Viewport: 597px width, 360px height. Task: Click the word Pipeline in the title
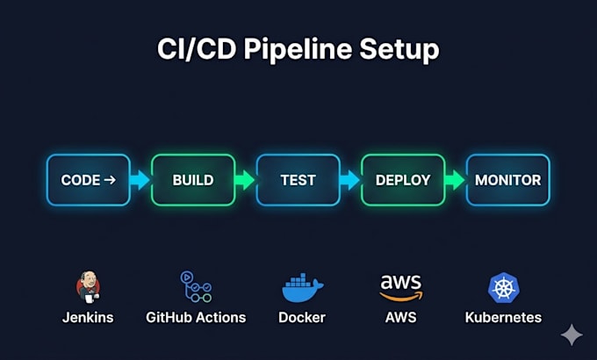(298, 50)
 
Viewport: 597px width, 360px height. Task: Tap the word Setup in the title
(399, 50)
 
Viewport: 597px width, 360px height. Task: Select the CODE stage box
(89, 180)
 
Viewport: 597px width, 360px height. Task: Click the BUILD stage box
(193, 180)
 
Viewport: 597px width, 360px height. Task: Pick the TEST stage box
(298, 180)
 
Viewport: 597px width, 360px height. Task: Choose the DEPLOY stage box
(403, 180)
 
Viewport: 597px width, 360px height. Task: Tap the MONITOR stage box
(508, 180)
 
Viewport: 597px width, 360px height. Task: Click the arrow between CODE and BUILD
(140, 180)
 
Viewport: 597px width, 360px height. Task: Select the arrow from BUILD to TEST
(245, 180)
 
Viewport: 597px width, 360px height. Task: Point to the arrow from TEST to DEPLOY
(350, 180)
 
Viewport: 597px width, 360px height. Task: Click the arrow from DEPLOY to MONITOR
(455, 180)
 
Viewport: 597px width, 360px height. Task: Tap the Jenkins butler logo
(88, 287)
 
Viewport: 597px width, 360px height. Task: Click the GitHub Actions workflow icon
(196, 287)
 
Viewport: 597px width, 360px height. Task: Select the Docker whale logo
(302, 288)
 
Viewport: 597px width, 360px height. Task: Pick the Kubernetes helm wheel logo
(504, 288)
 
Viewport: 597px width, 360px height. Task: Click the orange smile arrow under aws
(401, 296)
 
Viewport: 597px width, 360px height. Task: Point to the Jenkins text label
(88, 317)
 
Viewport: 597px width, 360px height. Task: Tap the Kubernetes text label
(503, 317)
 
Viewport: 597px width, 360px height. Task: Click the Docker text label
(302, 317)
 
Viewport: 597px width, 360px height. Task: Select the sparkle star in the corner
(572, 335)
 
